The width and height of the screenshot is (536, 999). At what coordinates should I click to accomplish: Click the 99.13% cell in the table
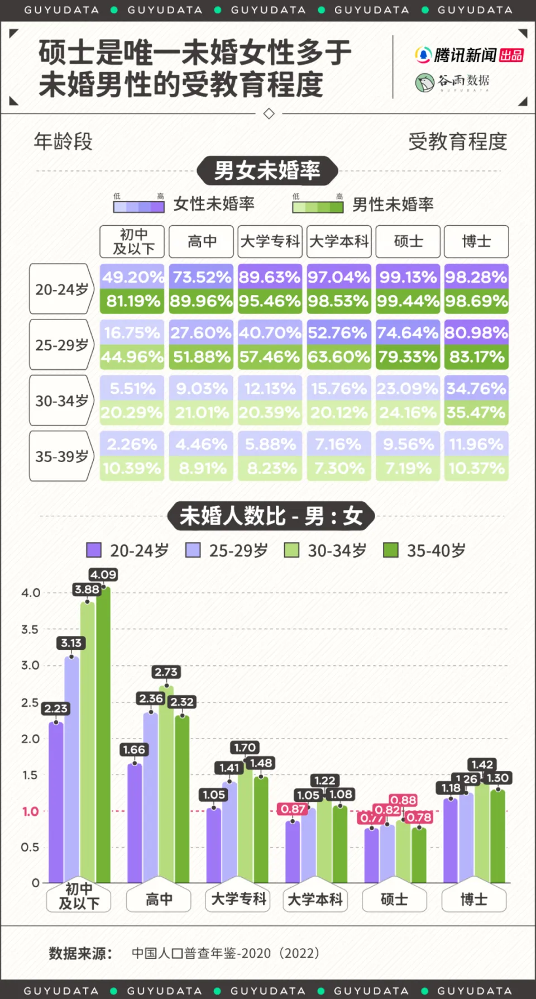click(408, 277)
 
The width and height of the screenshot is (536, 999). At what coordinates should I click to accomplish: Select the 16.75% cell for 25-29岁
click(132, 332)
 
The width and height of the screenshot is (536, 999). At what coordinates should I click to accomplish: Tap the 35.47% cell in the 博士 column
click(476, 412)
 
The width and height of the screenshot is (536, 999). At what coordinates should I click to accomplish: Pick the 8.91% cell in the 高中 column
click(202, 468)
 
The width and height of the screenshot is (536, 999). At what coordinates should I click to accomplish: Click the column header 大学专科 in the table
click(270, 241)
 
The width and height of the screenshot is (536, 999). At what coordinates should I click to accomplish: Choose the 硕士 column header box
click(408, 241)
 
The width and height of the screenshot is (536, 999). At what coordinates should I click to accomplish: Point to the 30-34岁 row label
click(61, 401)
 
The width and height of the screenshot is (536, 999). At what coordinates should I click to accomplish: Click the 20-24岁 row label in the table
click(61, 289)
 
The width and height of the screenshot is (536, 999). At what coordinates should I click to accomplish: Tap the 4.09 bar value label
click(103, 574)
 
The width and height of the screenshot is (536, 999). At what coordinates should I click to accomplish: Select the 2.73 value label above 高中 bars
click(166, 672)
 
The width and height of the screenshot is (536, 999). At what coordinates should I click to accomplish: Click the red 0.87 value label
click(293, 808)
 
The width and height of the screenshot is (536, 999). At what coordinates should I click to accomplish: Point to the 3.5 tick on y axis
click(31, 629)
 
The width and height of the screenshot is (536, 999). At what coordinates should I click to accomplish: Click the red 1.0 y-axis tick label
click(31, 811)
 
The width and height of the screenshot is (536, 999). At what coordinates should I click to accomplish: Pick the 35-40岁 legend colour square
click(390, 550)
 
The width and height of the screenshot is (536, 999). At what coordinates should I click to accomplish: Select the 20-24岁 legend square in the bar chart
click(94, 550)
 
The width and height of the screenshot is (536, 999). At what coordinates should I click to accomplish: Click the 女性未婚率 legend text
click(214, 204)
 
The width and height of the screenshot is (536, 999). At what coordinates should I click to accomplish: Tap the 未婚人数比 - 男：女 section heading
click(271, 516)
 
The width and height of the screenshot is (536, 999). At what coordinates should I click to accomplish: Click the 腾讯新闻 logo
click(469, 55)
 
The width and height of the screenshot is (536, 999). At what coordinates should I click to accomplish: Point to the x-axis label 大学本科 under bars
click(315, 900)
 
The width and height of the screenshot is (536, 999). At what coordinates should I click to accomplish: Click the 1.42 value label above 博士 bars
click(482, 764)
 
